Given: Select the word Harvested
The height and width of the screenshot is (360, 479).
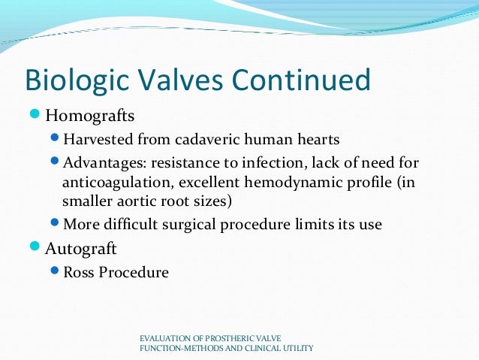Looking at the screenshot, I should [x=95, y=140].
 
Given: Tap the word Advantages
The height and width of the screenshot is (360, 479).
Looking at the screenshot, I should [x=101, y=162].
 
